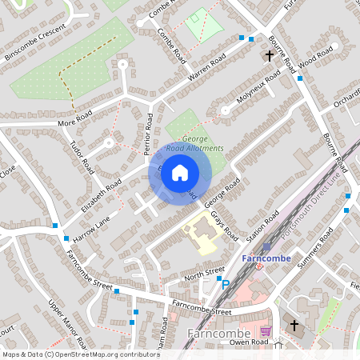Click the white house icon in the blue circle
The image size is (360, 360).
(180, 172)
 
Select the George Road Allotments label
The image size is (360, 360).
(197, 143)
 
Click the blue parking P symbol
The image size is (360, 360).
(225, 284)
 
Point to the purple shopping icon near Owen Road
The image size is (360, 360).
(266, 331)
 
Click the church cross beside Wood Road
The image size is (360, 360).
(270, 56)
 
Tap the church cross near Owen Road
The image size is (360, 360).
(294, 326)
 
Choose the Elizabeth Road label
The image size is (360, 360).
(102, 195)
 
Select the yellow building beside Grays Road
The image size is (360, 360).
(201, 236)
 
